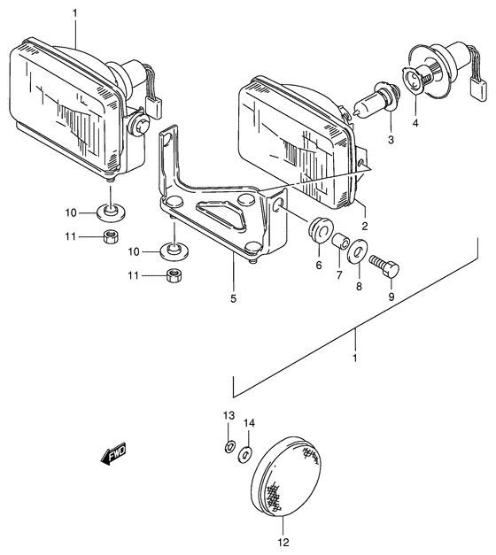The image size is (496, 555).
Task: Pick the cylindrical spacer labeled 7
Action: pyautogui.click(x=339, y=242)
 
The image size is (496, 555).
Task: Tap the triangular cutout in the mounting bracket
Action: pyautogui.click(x=217, y=212)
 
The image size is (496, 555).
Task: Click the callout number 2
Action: pyautogui.click(x=364, y=225)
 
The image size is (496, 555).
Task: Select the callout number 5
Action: pyautogui.click(x=234, y=298)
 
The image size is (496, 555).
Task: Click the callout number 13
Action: pyautogui.click(x=228, y=415)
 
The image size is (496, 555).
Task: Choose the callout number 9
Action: pyautogui.click(x=391, y=297)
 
